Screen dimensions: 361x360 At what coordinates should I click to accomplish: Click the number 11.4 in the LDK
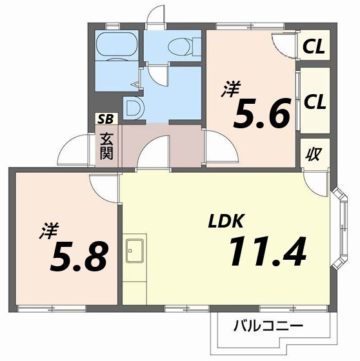coord(265,251)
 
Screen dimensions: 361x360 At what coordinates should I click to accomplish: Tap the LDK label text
coord(225,221)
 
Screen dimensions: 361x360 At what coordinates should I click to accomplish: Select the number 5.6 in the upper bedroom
coord(261,115)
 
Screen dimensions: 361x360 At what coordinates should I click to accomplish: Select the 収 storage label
coord(314,155)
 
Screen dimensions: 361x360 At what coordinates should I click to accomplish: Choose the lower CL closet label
coord(314,101)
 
